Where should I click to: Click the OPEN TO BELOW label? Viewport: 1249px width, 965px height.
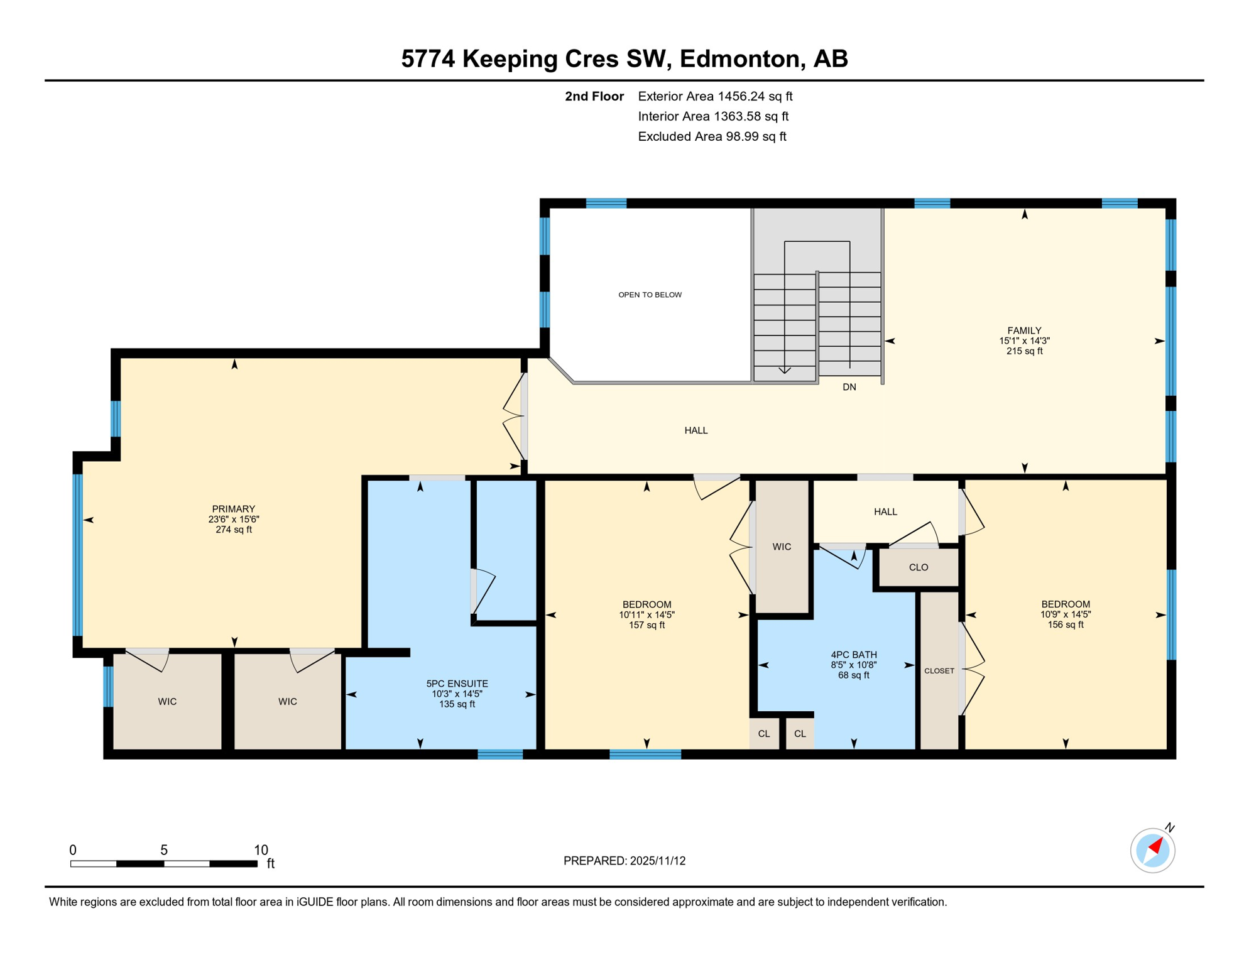tap(650, 295)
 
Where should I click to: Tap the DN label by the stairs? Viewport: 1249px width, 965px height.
tap(849, 387)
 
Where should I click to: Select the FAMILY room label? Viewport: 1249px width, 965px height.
tap(1024, 330)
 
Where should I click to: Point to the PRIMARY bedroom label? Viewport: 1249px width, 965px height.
tap(233, 509)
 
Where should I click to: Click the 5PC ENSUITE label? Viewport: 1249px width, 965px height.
tap(457, 684)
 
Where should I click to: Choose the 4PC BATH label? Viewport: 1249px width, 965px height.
tap(853, 655)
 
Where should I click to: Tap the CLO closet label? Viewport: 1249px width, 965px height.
tap(918, 567)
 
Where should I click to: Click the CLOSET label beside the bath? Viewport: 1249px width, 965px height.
tap(939, 671)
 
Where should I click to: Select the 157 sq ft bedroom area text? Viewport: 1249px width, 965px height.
tap(646, 625)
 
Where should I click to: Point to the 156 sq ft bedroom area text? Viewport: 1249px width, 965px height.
tap(1065, 624)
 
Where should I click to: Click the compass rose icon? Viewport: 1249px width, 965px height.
tap(1152, 850)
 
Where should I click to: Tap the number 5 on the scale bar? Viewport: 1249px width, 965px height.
tap(164, 850)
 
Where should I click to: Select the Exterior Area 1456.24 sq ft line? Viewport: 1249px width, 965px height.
tap(715, 96)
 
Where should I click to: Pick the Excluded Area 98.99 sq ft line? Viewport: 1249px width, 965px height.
tap(712, 136)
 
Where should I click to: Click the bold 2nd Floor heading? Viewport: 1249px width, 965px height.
tap(594, 96)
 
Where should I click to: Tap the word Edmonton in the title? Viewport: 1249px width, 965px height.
tap(743, 58)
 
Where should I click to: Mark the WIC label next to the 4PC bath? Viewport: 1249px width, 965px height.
tap(782, 547)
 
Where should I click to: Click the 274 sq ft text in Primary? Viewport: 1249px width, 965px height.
tap(233, 530)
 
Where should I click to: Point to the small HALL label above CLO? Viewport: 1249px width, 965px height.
tap(885, 511)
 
